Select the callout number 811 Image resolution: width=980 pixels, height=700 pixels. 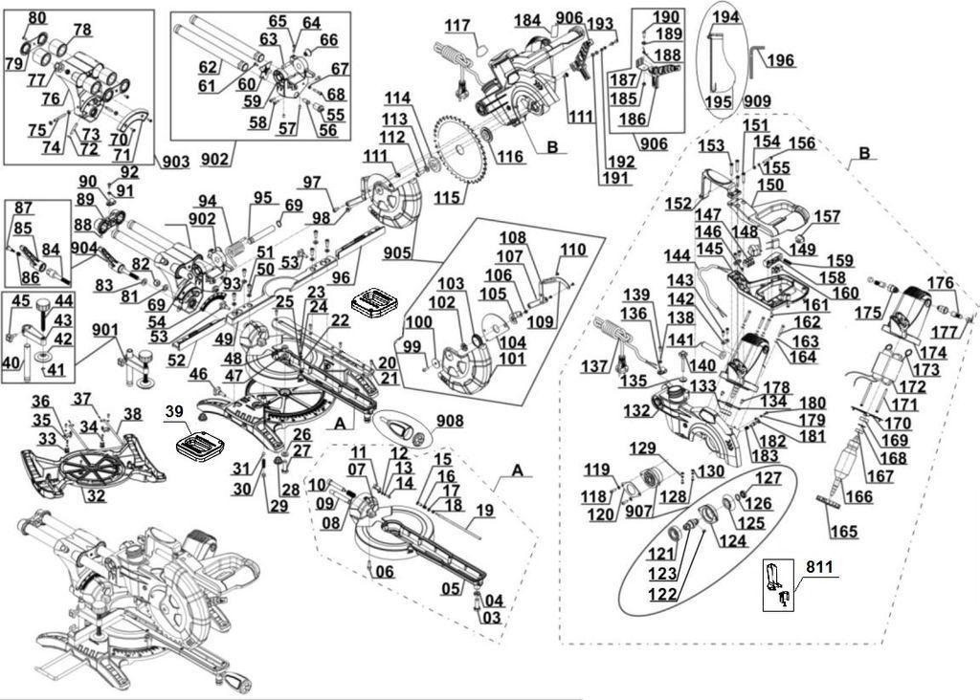(819, 568)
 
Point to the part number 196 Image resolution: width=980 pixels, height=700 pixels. (781, 61)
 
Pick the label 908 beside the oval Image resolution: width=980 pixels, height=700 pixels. (449, 421)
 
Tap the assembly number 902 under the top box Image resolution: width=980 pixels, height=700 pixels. (214, 160)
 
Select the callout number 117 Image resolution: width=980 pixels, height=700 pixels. (457, 25)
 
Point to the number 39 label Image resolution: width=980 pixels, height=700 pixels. (172, 410)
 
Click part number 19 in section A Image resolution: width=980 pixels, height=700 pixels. (484, 511)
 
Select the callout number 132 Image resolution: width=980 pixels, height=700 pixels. (636, 410)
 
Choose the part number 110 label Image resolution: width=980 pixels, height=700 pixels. (572, 251)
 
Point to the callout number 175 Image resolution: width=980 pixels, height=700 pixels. (868, 313)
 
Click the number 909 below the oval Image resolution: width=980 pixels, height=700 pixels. (756, 100)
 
